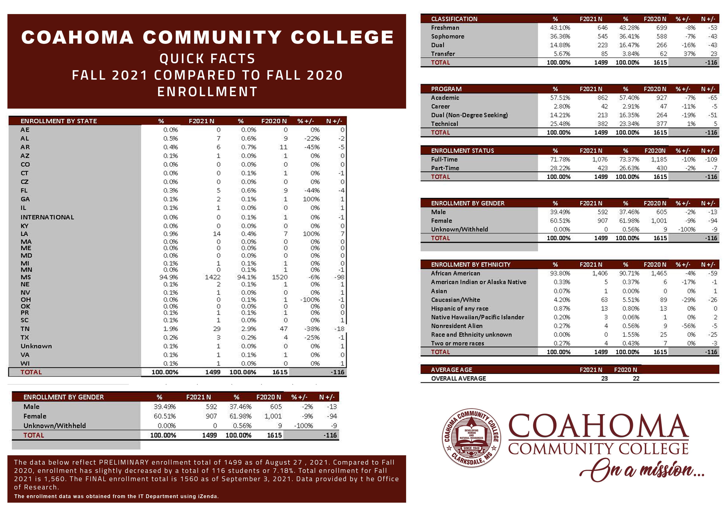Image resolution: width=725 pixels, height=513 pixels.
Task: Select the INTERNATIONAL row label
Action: (47, 217)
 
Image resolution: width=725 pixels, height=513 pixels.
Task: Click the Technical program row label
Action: (444, 124)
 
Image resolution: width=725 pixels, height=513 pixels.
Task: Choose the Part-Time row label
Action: (445, 168)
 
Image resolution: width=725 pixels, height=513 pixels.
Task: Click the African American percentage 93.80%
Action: (560, 273)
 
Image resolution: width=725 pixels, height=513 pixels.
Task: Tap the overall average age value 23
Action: (604, 378)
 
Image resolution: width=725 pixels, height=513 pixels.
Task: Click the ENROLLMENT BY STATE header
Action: (59, 121)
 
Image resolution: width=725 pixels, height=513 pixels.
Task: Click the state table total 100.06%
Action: (242, 372)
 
